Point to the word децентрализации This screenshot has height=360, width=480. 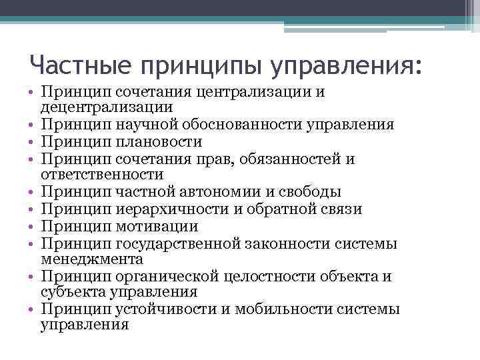[x=107, y=107]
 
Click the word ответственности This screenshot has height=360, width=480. [x=102, y=175]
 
